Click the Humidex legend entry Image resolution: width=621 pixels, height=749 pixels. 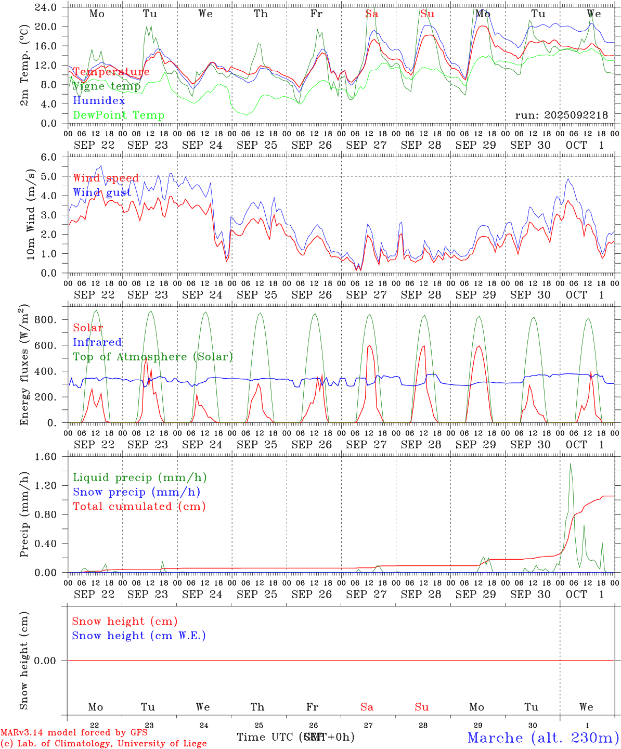[99, 101]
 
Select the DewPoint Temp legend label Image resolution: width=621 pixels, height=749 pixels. [119, 115]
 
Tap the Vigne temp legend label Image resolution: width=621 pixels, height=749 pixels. [106, 86]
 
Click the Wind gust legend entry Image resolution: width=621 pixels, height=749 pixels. [102, 192]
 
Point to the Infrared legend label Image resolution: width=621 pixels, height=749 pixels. [97, 342]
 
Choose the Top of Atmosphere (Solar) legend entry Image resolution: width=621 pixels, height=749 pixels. [152, 357]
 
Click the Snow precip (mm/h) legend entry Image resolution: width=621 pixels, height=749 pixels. [136, 492]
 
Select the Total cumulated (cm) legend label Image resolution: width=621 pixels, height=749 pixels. [139, 507]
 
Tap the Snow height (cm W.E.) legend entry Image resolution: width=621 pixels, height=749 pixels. [139, 636]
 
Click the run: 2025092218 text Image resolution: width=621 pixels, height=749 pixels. [561, 115]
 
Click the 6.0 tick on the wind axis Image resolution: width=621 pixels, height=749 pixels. [48, 157]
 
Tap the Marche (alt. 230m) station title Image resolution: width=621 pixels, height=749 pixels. [543, 738]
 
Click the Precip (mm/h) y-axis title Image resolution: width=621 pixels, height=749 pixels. [24, 515]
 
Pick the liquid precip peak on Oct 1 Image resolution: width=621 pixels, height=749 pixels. [571, 464]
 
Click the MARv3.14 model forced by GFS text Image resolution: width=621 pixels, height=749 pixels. [74, 732]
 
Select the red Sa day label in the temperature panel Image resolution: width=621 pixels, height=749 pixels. [371, 14]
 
